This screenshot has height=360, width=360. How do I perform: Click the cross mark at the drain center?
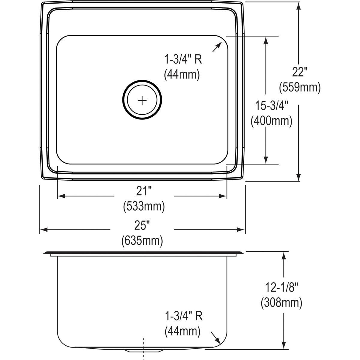click(142, 100)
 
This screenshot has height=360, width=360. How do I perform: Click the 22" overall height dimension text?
click(300, 72)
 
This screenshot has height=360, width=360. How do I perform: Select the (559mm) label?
click(300, 87)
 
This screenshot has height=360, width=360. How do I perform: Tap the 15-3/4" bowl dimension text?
click(271, 106)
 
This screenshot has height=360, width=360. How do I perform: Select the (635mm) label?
click(142, 241)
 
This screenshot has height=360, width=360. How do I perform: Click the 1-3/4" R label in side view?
click(184, 316)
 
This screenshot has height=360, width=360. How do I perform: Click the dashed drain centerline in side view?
click(144, 348)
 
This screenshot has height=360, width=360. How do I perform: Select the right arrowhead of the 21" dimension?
click(223, 196)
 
